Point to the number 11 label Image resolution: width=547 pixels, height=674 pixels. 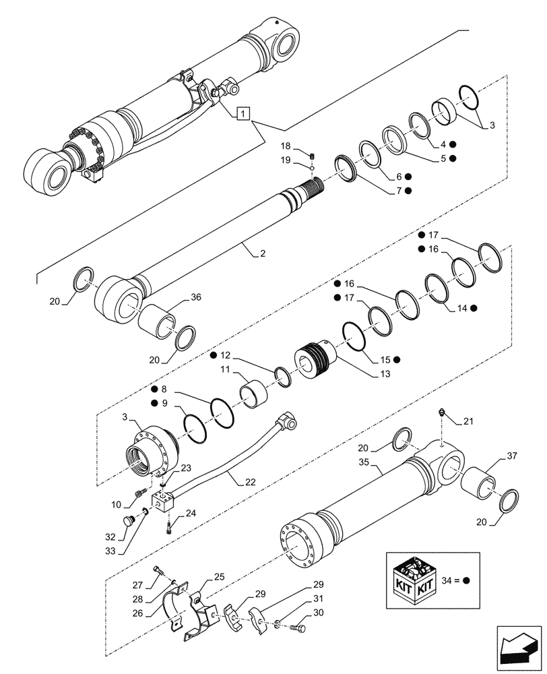pyautogui.click(x=224, y=370)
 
